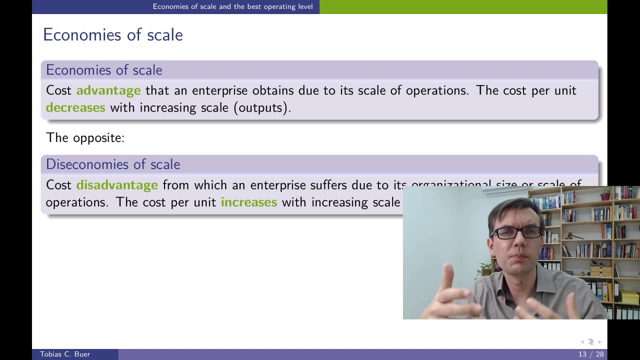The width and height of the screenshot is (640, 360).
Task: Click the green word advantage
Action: pos(108,90)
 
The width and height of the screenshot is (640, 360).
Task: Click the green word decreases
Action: pos(75,107)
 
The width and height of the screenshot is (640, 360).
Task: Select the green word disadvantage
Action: pos(117,185)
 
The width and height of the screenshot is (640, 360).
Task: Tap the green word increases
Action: pos(249,202)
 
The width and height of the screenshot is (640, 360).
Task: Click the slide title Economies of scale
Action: pos(113,35)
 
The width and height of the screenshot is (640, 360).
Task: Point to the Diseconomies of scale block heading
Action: pos(113,164)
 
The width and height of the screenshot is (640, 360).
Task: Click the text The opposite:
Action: pos(85,138)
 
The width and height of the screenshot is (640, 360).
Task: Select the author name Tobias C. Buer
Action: pos(65,354)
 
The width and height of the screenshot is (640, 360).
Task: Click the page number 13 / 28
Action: pos(591,354)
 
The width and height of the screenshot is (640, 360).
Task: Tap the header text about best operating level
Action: pos(232,6)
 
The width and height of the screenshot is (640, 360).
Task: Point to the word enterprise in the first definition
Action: pos(219,90)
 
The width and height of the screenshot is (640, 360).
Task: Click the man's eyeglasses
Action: pos(517,232)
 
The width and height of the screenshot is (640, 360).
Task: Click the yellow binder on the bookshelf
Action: pos(629,297)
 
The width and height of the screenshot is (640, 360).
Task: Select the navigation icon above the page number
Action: pos(590,342)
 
